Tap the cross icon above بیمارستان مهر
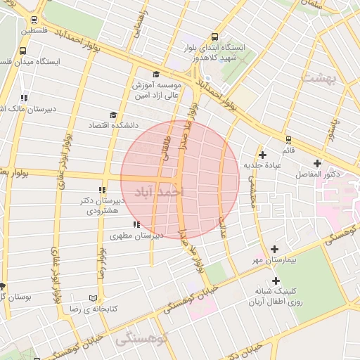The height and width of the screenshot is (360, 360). point(274,249)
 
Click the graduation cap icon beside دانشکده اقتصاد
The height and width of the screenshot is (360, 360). point(112,115)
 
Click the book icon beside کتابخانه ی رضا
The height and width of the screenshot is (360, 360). point(94,298)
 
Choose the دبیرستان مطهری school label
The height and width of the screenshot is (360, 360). point(139,236)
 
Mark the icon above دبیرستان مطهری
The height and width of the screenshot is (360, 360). point(136,224)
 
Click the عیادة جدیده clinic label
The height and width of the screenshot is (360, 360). point(262,165)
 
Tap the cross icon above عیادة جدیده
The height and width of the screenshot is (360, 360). point(263,155)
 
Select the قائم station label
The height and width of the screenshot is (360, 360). point(288,150)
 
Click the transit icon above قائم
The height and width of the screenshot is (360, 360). point(288,139)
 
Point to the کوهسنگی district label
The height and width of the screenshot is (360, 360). point(143,339)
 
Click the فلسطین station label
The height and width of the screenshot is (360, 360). point(34,31)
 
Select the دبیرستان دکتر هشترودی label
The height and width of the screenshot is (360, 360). point(103,205)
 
